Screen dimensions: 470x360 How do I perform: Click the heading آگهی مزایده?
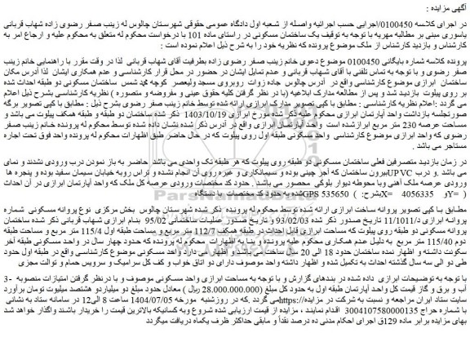pos(439,9)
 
